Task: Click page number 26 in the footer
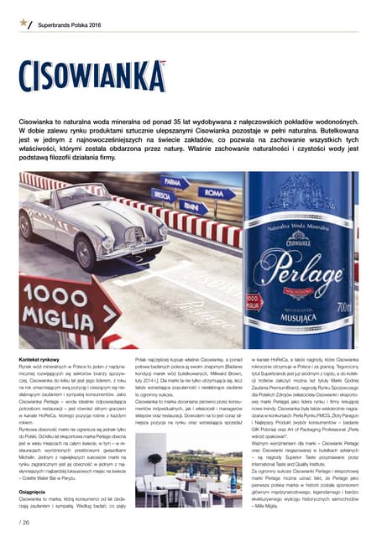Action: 24,523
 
